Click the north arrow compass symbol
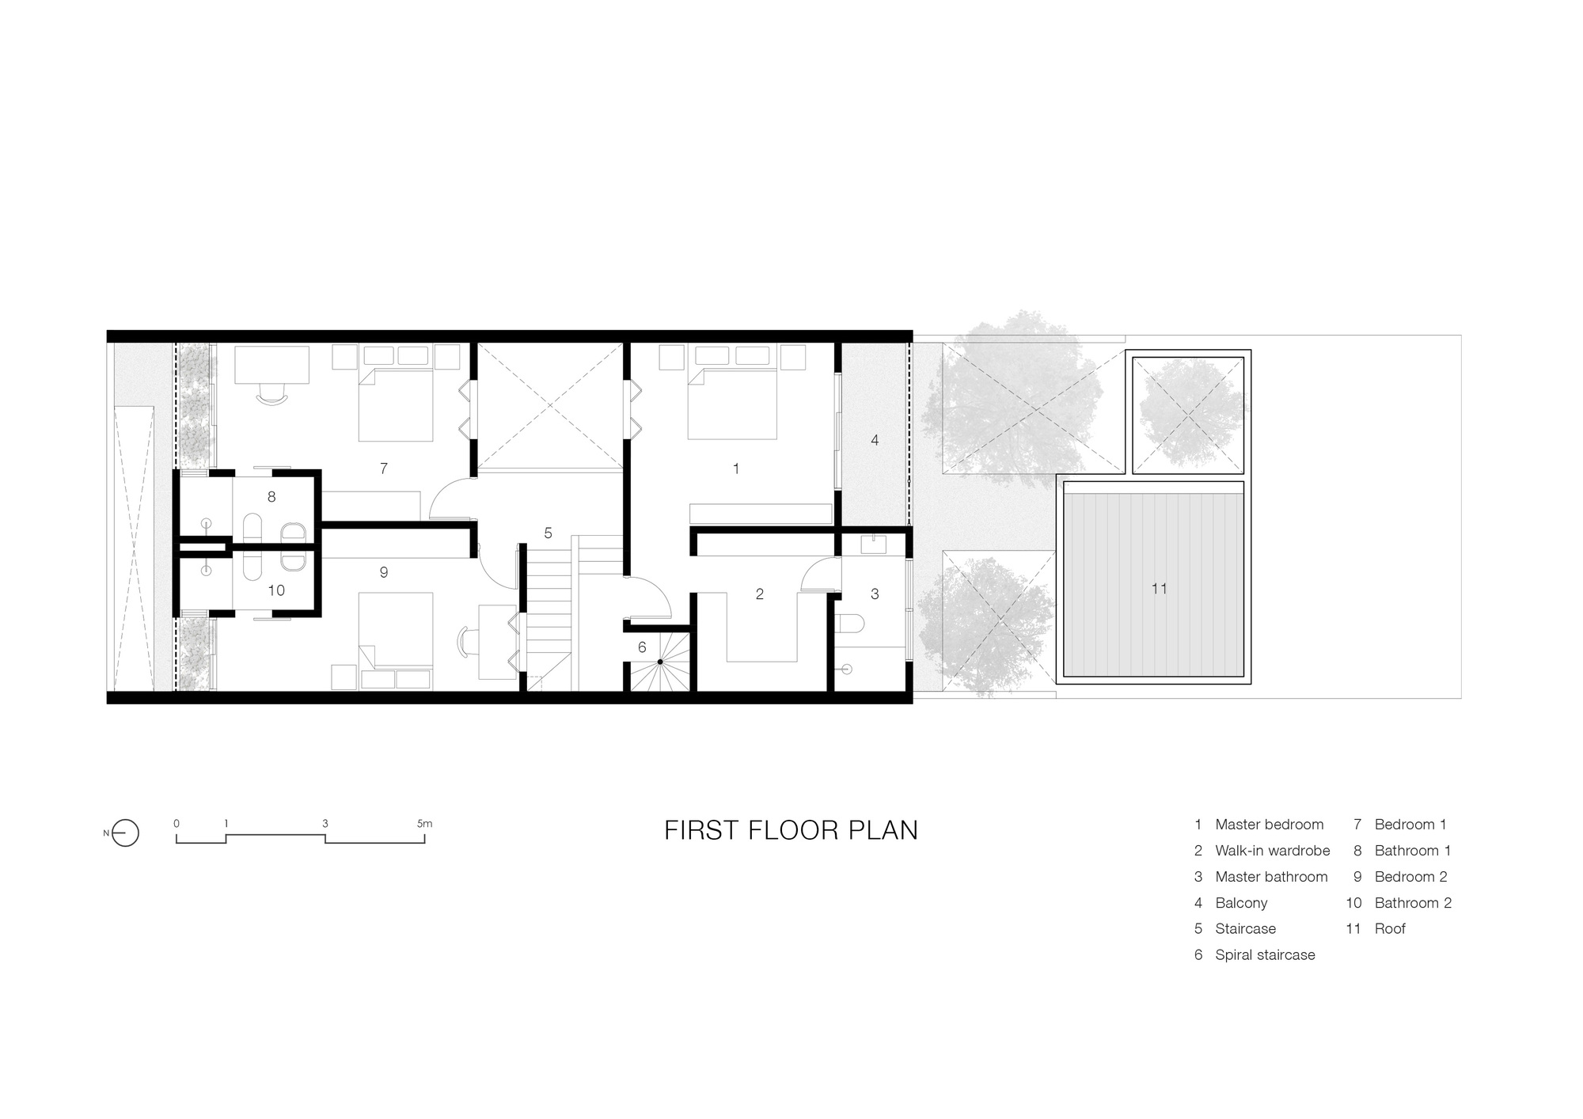pos(125,833)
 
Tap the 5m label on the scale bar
pos(424,823)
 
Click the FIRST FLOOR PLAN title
pos(791,830)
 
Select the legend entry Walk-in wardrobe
pos(1272,851)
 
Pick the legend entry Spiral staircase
pos(1264,955)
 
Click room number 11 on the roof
pos(1159,589)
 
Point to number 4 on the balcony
pos(875,440)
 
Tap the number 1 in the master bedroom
pos(735,468)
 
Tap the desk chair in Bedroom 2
pos(465,640)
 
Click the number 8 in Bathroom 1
pos(271,497)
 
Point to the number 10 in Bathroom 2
pos(275,590)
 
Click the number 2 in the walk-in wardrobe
pos(759,594)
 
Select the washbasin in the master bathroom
pos(875,544)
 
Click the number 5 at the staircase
pos(548,533)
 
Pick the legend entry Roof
pos(1389,929)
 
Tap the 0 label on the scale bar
pos(177,823)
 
